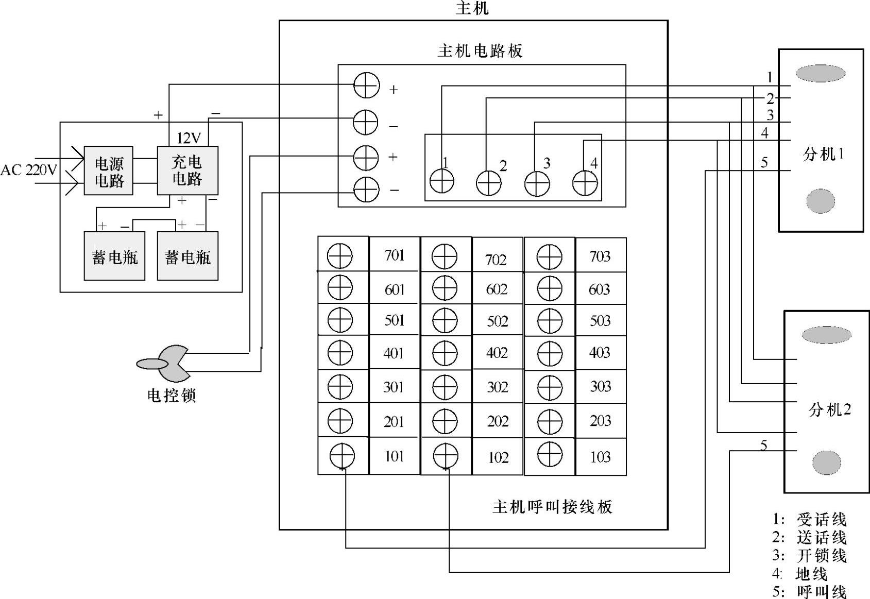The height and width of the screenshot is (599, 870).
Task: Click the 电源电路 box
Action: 108,170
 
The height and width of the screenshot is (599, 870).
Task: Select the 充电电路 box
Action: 187,170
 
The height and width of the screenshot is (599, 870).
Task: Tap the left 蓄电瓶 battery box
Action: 114,256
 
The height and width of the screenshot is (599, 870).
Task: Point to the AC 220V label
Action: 29,170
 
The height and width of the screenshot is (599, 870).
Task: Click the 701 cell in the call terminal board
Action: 394,254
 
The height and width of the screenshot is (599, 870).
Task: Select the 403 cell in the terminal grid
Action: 601,353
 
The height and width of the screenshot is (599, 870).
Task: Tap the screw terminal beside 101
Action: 342,456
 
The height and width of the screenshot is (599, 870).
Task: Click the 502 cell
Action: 497,321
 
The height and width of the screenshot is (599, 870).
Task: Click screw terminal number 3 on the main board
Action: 537,183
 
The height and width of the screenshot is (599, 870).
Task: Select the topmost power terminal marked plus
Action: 367,85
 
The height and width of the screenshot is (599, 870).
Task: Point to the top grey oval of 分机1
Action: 820,74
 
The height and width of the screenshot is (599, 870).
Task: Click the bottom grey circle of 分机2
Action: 827,463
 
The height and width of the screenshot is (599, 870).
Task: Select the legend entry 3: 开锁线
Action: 809,556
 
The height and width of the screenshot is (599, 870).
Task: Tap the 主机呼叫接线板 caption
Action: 552,507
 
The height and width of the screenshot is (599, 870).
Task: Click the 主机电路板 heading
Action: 480,51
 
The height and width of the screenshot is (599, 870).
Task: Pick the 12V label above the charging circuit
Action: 189,138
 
